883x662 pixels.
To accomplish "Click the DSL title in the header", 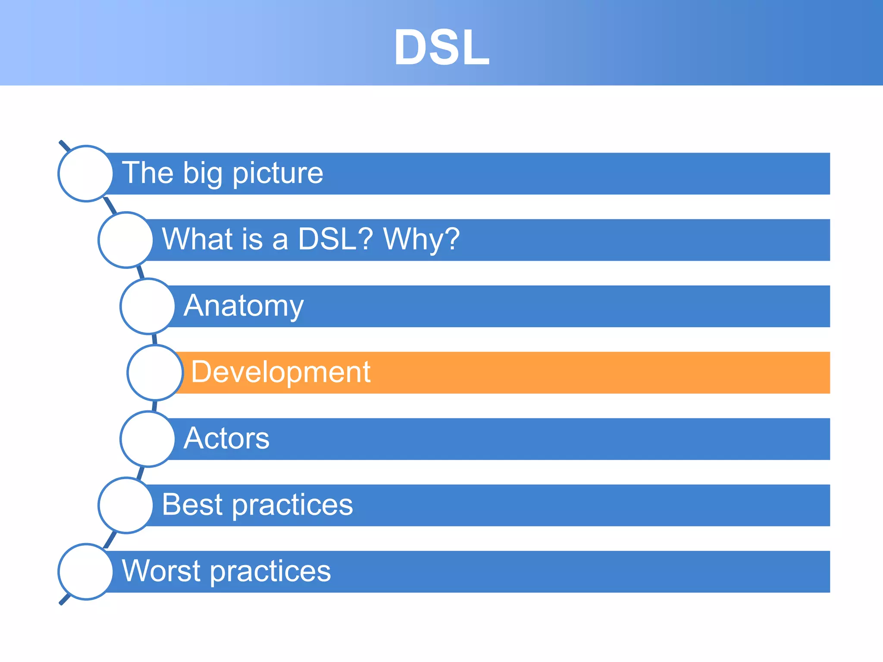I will (x=441, y=47).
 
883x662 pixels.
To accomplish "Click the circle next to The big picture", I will (x=86, y=174).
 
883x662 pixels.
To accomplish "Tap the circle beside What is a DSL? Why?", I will (x=125, y=240).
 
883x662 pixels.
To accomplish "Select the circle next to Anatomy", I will (x=148, y=306).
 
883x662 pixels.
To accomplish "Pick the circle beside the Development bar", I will (x=155, y=372).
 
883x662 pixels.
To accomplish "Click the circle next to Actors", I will (x=148, y=439).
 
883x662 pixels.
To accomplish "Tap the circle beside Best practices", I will (x=125, y=505).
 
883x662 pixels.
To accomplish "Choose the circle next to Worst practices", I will (x=86, y=571).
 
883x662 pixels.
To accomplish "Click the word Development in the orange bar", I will (x=280, y=372).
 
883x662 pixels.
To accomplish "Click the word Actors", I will (x=226, y=438).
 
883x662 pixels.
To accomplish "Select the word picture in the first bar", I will (x=278, y=174).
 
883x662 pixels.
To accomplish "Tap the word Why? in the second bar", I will (x=421, y=239).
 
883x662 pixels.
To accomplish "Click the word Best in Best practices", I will (x=192, y=505).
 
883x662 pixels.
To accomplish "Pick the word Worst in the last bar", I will (x=161, y=571).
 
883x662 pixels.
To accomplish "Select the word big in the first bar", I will (x=203, y=174).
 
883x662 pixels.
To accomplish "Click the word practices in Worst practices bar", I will (x=271, y=571).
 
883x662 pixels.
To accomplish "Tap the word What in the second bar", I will (x=192, y=239).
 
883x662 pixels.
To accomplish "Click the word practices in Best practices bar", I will (x=293, y=505).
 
